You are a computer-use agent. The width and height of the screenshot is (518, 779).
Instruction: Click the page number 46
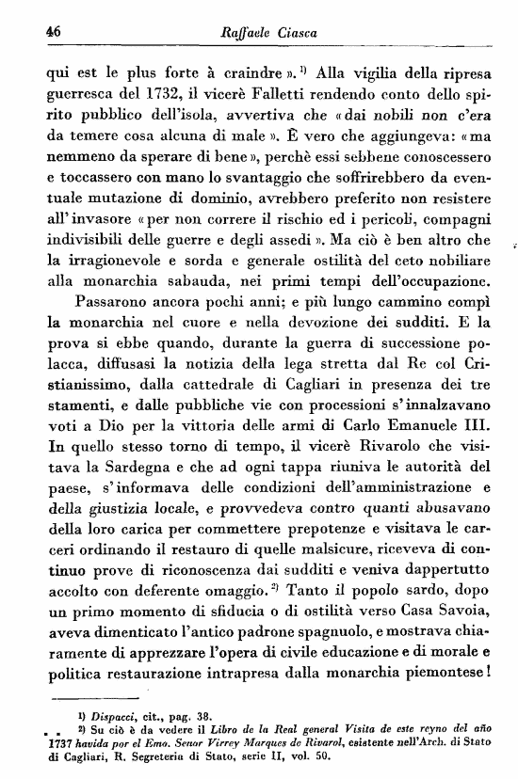pos(40,30)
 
